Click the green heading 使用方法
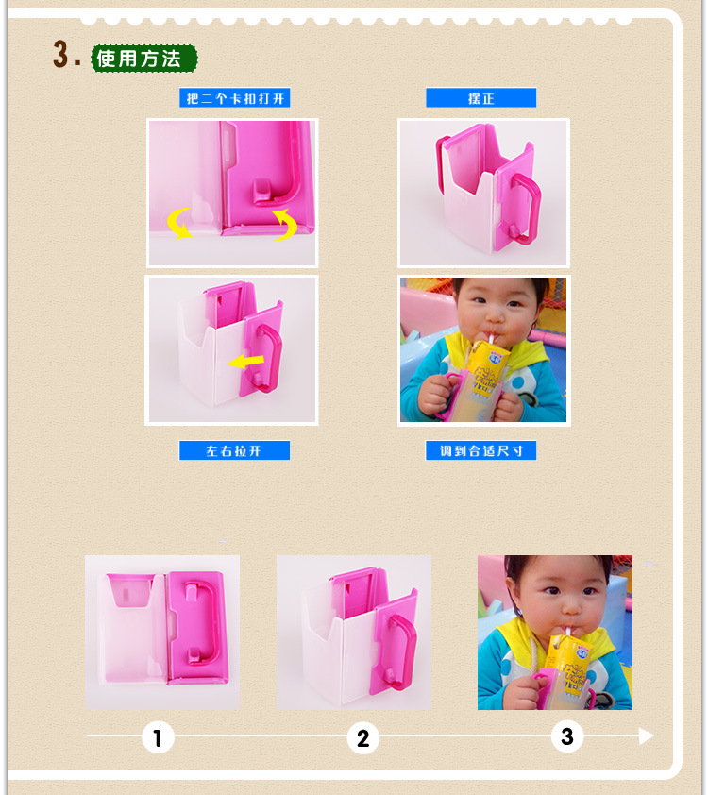143,59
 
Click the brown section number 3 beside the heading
60,54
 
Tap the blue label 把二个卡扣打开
235,98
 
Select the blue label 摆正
480,98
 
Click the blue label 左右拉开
235,450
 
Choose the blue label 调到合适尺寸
480,450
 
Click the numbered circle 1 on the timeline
158,737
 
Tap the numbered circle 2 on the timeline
362,737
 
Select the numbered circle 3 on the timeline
567,736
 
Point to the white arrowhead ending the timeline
646,736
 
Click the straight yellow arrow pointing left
245,362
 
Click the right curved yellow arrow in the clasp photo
286,224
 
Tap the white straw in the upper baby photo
491,338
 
